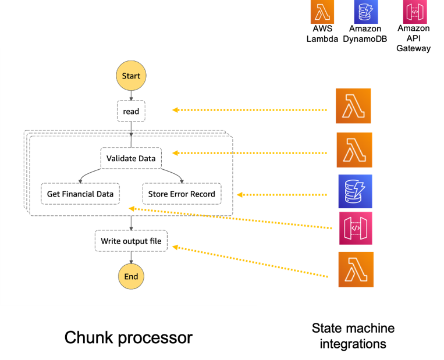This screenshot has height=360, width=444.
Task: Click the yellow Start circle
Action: point(131,76)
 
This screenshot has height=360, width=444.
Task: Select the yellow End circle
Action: point(131,276)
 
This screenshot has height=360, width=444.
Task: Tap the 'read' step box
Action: point(131,111)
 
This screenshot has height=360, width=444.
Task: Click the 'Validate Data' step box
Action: point(131,158)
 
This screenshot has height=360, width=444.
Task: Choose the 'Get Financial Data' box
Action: point(80,194)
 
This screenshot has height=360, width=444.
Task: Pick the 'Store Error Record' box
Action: point(182,194)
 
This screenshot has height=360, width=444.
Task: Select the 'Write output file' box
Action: point(131,241)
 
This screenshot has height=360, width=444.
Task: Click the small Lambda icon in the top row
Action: point(322,12)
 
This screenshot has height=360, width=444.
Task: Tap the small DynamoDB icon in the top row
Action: point(366,12)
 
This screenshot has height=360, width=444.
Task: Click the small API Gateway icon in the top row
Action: point(415,12)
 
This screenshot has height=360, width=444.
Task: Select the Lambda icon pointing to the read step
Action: point(353,106)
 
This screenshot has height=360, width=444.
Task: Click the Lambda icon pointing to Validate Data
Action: point(354,150)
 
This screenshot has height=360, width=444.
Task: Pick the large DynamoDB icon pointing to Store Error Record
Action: point(356,192)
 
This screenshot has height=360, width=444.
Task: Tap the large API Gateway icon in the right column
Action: point(356,229)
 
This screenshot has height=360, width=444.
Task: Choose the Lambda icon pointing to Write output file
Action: point(356,269)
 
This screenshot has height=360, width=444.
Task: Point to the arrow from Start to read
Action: point(131,95)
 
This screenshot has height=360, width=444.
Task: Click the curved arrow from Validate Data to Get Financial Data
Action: point(87,173)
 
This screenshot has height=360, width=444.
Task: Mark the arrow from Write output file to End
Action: point(131,258)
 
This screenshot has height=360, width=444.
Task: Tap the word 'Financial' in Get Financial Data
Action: point(80,194)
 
